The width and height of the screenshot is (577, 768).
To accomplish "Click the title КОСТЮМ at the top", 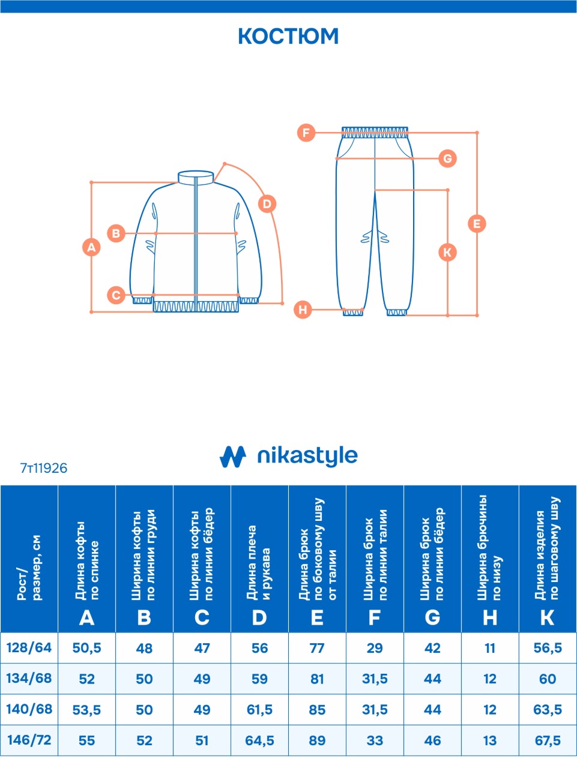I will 288,36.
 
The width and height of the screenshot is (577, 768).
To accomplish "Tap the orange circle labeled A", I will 91,247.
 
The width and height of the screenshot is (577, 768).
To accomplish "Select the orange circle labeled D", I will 267,203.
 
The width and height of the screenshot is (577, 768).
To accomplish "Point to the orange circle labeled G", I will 447,158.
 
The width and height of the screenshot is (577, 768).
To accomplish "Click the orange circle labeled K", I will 447,252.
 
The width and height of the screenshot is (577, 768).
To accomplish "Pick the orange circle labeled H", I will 303,310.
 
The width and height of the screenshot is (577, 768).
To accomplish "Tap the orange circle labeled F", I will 306,132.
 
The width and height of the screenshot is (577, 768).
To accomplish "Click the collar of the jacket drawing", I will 196,177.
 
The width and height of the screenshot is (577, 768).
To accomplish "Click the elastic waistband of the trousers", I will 375,132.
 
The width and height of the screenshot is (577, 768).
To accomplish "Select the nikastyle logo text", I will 307,456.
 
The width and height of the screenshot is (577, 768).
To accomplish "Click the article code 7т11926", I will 44,468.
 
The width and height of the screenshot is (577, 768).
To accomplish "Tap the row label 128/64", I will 29,648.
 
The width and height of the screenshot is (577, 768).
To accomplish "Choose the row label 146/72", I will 29,740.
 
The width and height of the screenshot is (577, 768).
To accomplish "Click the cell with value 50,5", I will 86,648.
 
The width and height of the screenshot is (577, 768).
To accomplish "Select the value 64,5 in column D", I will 259,740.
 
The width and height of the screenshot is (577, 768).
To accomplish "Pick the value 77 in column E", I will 317,648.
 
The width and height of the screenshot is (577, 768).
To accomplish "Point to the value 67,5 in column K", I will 548,740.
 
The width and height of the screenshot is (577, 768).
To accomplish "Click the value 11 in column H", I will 490,648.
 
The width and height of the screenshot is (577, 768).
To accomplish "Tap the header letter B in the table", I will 144,617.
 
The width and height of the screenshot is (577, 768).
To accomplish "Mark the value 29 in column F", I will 375,648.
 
